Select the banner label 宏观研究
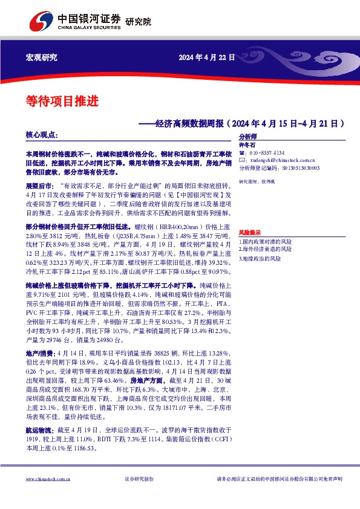[42, 58]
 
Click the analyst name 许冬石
[248, 145]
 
